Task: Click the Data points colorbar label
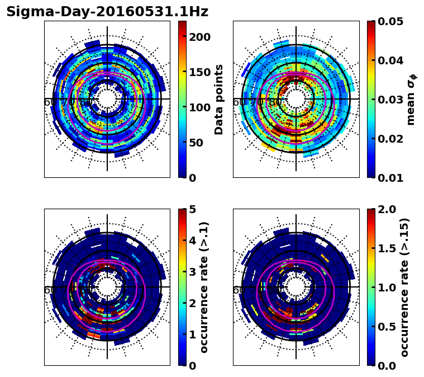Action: tap(219, 100)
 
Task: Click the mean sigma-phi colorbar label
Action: tap(411, 100)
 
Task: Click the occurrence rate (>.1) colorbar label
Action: tap(204, 287)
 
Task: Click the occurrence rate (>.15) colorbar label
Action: tap(404, 287)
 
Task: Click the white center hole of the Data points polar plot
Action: tap(107, 99)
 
